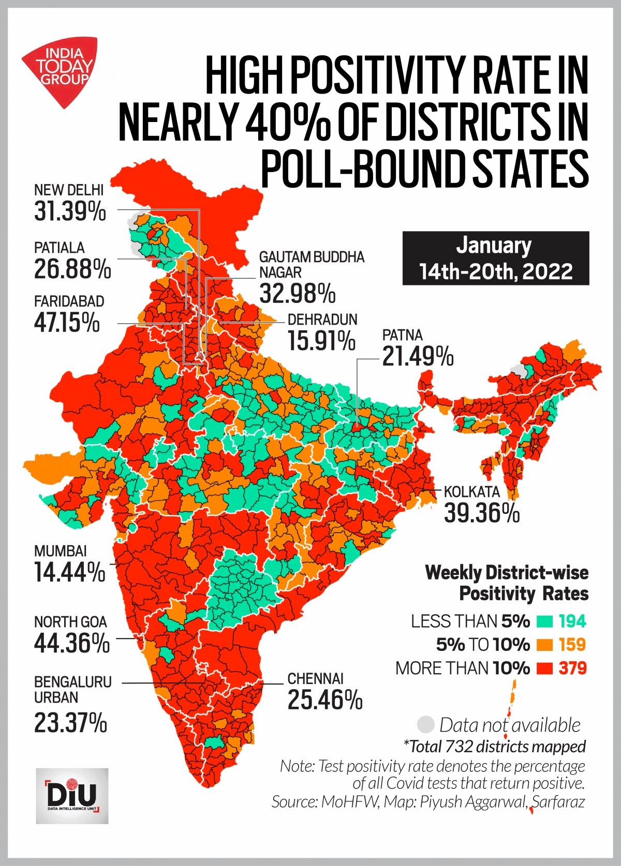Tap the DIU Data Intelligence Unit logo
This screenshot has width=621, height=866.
pyautogui.click(x=72, y=796)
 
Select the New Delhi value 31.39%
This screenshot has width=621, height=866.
pyautogui.click(x=70, y=211)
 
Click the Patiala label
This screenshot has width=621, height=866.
pyautogui.click(x=59, y=248)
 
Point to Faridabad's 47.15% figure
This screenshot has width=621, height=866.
pyautogui.click(x=67, y=323)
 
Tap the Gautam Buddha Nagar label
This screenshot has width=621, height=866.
pyautogui.click(x=312, y=264)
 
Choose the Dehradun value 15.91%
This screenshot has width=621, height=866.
pyautogui.click(x=321, y=341)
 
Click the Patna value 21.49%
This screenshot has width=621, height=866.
pyautogui.click(x=418, y=357)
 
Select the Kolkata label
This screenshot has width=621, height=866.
pyautogui.click(x=471, y=491)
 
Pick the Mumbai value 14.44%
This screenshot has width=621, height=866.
pyautogui.click(x=69, y=572)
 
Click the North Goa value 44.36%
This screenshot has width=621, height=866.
pyautogui.click(x=72, y=643)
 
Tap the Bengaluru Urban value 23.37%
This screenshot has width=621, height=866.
pyautogui.click(x=70, y=722)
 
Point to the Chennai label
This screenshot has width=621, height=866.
pyautogui.click(x=315, y=678)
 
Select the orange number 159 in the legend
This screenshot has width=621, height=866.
pyautogui.click(x=572, y=644)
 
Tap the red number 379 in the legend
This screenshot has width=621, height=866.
pyautogui.click(x=572, y=668)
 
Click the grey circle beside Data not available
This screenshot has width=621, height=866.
pyautogui.click(x=425, y=725)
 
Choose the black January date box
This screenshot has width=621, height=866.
pyautogui.click(x=495, y=258)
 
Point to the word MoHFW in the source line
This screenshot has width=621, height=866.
pyautogui.click(x=350, y=801)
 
